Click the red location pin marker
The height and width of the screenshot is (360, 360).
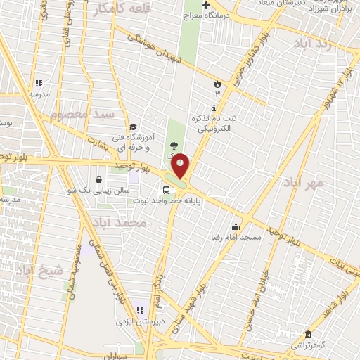pos(181,165)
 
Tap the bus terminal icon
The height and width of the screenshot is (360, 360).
pos(166,189)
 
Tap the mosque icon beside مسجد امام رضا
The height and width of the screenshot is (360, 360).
pos(236,226)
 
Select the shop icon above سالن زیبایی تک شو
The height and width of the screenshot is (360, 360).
pos(98,179)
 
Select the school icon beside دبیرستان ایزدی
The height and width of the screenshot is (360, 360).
pos(139,309)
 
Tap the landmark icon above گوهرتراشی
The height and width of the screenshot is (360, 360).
pos(307,333)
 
